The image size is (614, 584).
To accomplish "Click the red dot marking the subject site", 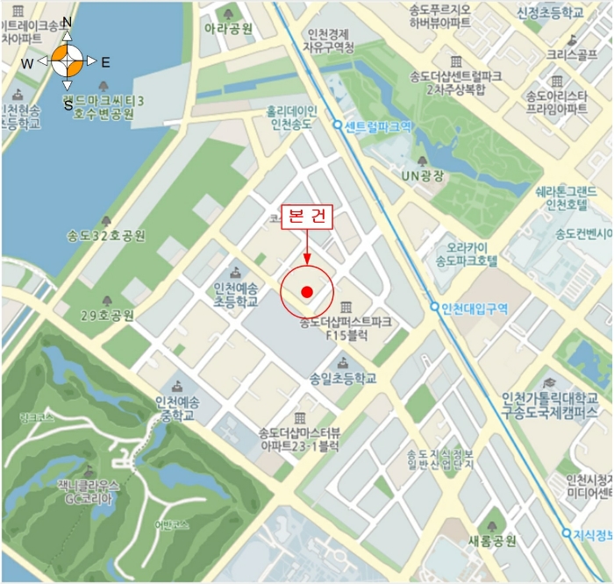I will pyautogui.click(x=307, y=292).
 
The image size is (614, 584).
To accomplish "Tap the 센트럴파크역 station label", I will pyautogui.click(x=378, y=126).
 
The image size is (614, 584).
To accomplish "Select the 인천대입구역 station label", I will pyautogui.click(x=476, y=307).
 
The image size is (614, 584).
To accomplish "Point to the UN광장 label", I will pyautogui.click(x=423, y=175).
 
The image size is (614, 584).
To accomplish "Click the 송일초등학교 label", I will pyautogui.click(x=342, y=379).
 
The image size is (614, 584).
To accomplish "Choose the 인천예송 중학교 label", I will pyautogui.click(x=177, y=409).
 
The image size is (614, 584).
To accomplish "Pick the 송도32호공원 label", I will pyautogui.click(x=106, y=236).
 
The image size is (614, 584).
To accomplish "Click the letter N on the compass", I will pyautogui.click(x=68, y=23).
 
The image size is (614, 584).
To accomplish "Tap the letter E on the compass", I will pyautogui.click(x=105, y=62).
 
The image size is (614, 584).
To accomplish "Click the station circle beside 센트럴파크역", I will pyautogui.click(x=338, y=125).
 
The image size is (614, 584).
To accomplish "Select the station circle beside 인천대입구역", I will pyautogui.click(x=435, y=307).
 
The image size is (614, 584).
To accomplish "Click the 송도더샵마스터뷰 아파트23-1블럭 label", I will pyautogui.click(x=298, y=439).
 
